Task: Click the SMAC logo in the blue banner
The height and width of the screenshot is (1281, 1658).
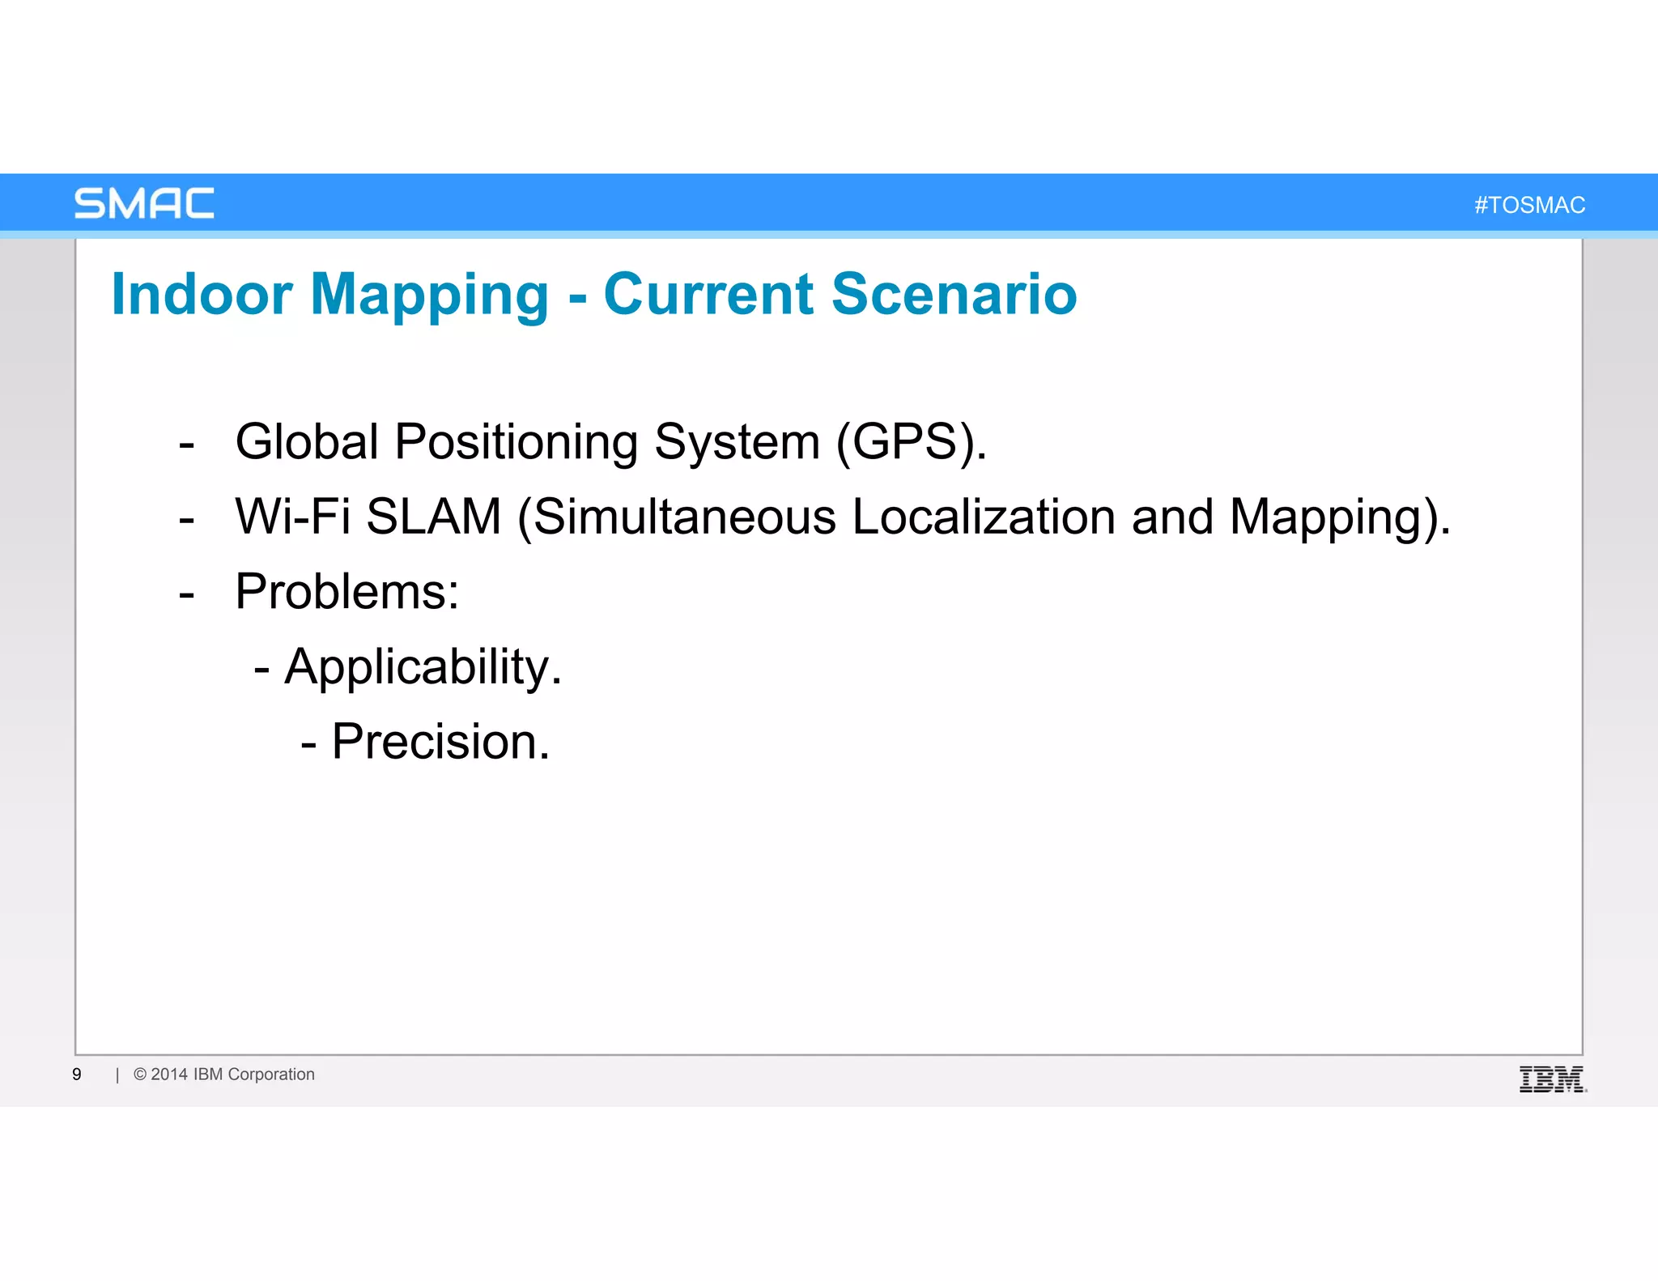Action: pos(144,203)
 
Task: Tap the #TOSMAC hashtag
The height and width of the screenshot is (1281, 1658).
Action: pos(1529,205)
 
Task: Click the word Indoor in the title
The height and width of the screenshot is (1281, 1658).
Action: pos(202,294)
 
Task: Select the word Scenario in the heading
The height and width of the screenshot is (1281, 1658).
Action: pos(954,294)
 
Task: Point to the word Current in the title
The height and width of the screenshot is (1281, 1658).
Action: pos(708,294)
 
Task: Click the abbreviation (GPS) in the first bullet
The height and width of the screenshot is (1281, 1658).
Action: pos(910,442)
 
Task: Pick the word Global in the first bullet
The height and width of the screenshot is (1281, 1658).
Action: pos(307,442)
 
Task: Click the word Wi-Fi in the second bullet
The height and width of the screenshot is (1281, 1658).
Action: pos(292,517)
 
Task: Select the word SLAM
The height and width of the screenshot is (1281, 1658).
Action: pos(434,517)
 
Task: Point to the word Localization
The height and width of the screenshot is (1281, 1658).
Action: pos(984,517)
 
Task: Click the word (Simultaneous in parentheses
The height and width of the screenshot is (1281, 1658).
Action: pos(677,517)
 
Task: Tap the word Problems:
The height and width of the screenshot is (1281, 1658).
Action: pos(346,592)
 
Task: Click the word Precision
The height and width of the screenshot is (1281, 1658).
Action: pos(440,742)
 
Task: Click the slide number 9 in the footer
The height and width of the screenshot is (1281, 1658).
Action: pos(77,1075)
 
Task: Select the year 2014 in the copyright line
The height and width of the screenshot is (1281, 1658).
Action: pos(169,1075)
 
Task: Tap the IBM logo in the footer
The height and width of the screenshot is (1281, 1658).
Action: pos(1552,1079)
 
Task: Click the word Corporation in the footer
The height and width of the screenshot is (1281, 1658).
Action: pos(271,1075)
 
